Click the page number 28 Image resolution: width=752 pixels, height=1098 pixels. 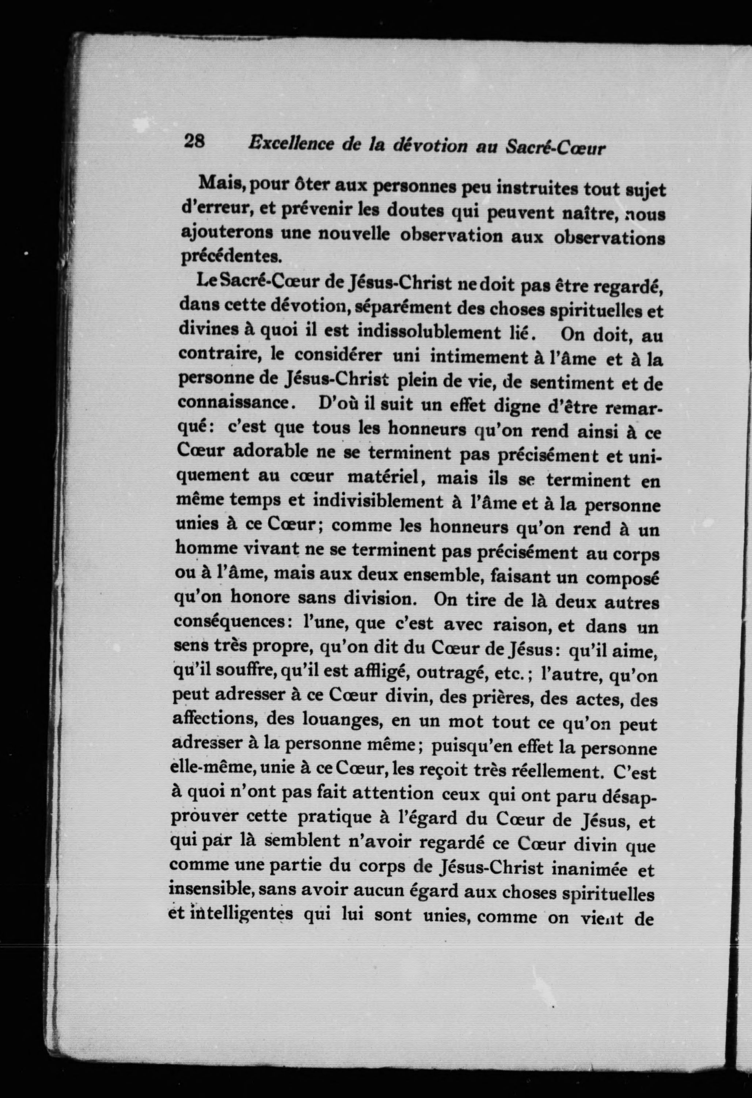[x=194, y=141]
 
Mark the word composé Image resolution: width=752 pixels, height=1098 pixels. [x=623, y=579]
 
